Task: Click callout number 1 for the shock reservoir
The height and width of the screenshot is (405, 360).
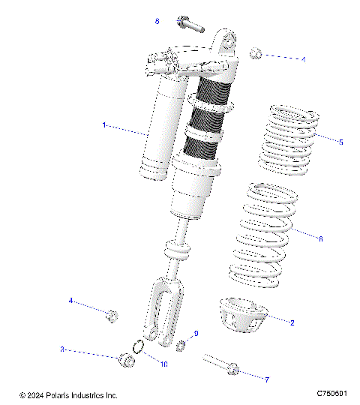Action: click(x=104, y=125)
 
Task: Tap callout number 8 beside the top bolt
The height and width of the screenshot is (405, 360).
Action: click(x=157, y=22)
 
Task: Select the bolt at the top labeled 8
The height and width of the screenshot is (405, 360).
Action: click(x=190, y=24)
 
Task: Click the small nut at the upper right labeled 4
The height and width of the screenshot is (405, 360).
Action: click(x=255, y=53)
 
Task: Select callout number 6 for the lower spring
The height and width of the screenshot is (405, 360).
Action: click(x=321, y=239)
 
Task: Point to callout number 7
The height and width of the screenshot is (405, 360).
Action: click(x=266, y=379)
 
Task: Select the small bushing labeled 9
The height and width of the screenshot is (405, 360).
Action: click(x=181, y=346)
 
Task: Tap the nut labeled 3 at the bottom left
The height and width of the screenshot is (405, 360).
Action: click(x=127, y=361)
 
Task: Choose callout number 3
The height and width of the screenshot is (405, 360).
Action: click(x=63, y=349)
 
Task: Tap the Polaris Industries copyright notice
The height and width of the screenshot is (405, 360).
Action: click(x=68, y=394)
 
